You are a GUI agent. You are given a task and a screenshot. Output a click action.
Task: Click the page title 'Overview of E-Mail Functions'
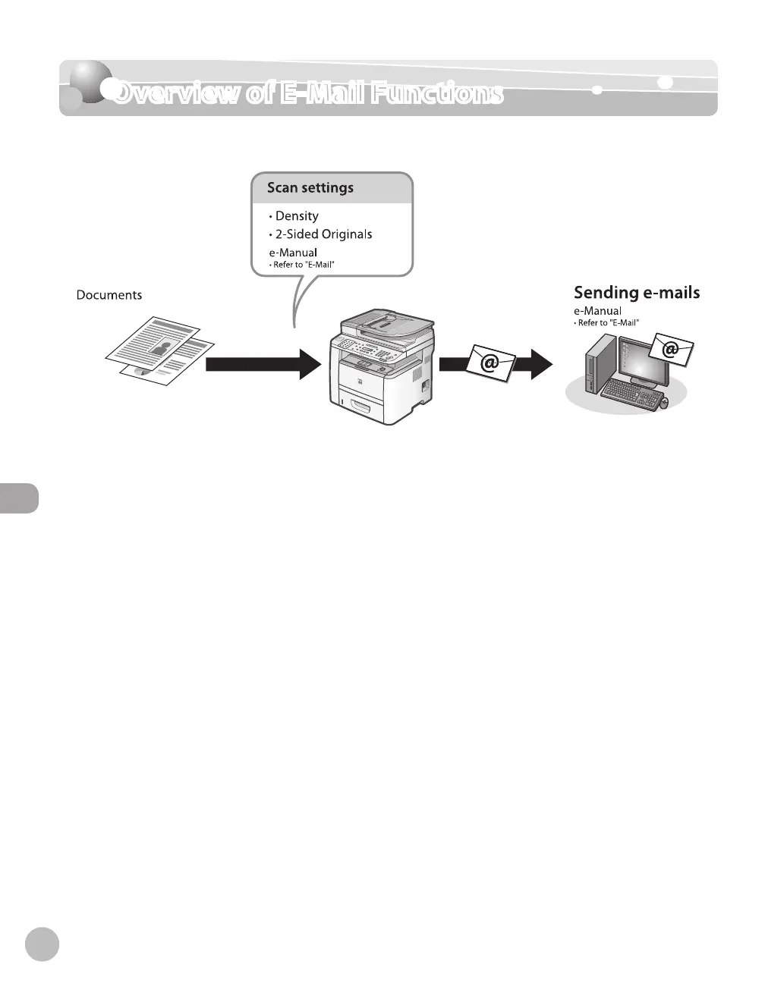pyautogui.click(x=307, y=93)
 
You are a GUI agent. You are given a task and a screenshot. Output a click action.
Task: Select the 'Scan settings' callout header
pyautogui.click(x=310, y=188)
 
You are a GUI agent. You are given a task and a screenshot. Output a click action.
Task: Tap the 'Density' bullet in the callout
pyautogui.click(x=297, y=216)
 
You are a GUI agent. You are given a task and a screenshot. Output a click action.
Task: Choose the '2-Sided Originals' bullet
pyautogui.click(x=323, y=234)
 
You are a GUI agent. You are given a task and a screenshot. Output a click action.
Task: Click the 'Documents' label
pyautogui.click(x=109, y=295)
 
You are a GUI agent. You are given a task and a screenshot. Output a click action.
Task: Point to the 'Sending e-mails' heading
pyautogui.click(x=636, y=293)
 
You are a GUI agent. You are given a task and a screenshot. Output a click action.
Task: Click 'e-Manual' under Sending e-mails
pyautogui.click(x=597, y=311)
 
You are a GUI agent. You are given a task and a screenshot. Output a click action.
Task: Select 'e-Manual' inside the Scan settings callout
pyautogui.click(x=292, y=253)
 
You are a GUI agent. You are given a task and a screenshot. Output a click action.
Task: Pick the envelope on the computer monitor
pyautogui.click(x=670, y=350)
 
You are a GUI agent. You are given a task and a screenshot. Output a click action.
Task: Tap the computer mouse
pyautogui.click(x=663, y=403)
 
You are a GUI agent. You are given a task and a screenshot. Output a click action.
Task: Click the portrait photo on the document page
pyautogui.click(x=162, y=348)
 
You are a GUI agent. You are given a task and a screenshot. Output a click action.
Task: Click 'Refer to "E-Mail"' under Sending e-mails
pyautogui.click(x=607, y=323)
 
